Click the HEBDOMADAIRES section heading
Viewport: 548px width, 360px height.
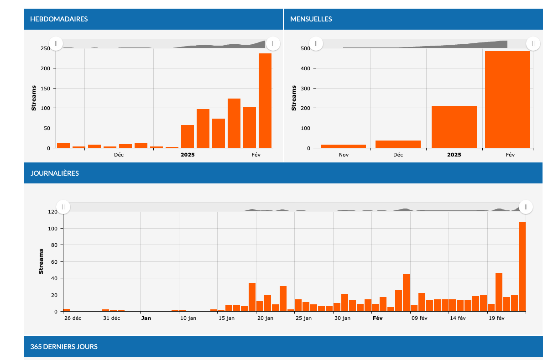[x=59, y=19]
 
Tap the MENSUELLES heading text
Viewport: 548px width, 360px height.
[x=311, y=19]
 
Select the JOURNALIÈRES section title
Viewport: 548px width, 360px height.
[x=55, y=173]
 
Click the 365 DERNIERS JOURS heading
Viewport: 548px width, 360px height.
[x=64, y=347]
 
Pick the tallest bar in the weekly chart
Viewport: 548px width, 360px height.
[x=265, y=101]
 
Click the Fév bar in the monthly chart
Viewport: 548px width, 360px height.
[x=508, y=99]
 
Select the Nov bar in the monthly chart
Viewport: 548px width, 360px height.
[x=343, y=146]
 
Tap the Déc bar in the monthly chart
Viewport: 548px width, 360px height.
[x=398, y=144]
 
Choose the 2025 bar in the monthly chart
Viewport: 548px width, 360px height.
[x=454, y=127]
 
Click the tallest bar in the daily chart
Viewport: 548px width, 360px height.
[x=522, y=267]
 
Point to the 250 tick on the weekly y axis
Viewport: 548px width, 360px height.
[x=45, y=48]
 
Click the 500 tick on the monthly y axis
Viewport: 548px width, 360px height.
[x=305, y=48]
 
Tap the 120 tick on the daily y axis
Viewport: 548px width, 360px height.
[x=52, y=212]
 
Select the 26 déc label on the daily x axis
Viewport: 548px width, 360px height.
[x=73, y=318]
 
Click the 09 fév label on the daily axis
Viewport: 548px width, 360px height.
[x=419, y=318]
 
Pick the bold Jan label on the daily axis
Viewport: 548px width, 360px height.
[x=146, y=318]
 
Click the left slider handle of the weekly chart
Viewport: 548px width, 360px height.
[x=56, y=43]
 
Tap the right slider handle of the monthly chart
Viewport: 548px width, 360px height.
[x=533, y=43]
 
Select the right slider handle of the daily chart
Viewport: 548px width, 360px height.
[x=526, y=207]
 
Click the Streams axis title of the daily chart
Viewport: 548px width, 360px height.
[x=41, y=261]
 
